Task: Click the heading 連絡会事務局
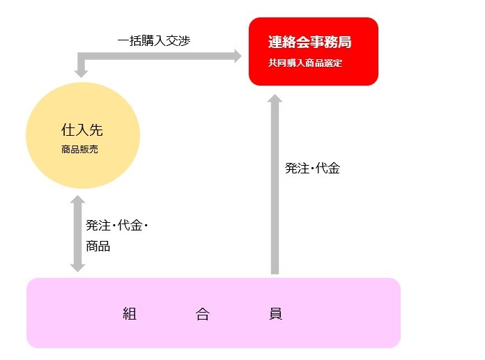tap(309, 42)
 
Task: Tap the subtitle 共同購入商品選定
tap(305, 63)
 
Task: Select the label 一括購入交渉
tap(154, 40)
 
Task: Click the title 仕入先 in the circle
tap(82, 130)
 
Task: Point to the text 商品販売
tap(79, 150)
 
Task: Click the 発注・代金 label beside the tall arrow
tap(312, 168)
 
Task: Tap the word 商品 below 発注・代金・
tap(98, 246)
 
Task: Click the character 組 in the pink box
tap(130, 313)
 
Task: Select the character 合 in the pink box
tap(203, 313)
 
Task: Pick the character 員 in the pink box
tap(275, 313)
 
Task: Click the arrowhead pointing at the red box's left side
tap(238, 56)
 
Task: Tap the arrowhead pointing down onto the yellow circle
tap(81, 74)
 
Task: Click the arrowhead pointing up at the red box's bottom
tap(275, 98)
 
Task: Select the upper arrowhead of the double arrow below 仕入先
tap(77, 199)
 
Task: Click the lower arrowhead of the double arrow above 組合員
tap(77, 268)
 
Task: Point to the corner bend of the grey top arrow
tap(81, 56)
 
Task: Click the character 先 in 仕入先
tap(96, 130)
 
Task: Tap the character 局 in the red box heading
tap(344, 42)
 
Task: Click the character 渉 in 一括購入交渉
tap(184, 40)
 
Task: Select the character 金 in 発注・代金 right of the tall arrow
tap(334, 168)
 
